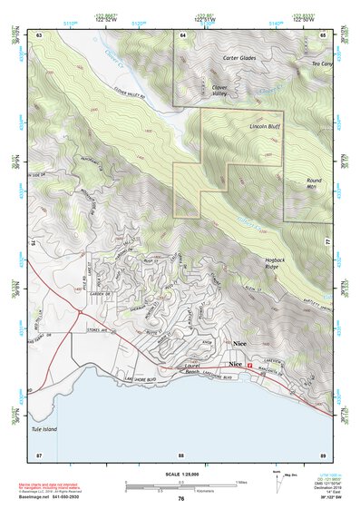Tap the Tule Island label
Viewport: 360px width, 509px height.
56,429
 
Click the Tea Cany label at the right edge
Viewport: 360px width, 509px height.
322,64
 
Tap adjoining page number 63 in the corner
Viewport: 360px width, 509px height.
39,34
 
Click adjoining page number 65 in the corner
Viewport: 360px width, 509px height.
324,34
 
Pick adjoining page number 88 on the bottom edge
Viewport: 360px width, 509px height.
181,454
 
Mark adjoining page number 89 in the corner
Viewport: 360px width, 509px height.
324,454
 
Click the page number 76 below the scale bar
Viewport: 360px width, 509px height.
181,498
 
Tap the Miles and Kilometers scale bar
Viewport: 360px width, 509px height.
181,485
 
